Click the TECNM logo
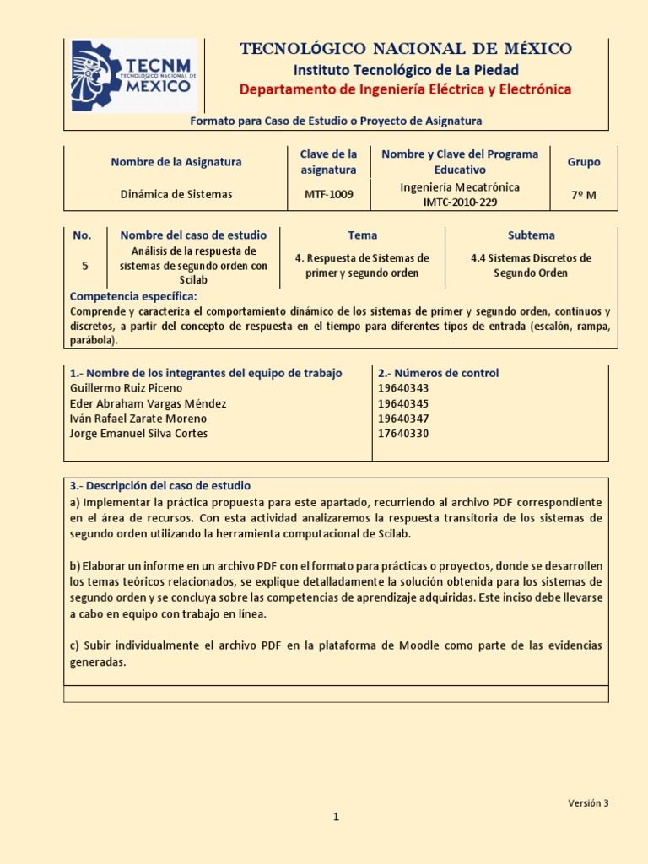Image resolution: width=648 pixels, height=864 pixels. [x=132, y=76]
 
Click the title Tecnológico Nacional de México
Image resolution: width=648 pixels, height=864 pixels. [x=406, y=49]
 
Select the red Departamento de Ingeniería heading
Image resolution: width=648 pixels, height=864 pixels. [x=406, y=89]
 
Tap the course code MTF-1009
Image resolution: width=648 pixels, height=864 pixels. [x=329, y=195]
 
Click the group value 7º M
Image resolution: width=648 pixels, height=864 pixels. [x=584, y=195]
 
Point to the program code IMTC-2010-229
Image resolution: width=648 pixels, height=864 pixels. [x=460, y=202]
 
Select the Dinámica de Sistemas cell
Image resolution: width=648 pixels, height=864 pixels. [x=176, y=195]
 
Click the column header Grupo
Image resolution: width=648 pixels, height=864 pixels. [x=584, y=162]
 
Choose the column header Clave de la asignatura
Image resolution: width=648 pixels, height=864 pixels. [x=329, y=162]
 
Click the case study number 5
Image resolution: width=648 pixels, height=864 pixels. [x=84, y=265]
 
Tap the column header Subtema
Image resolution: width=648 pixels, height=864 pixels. [x=531, y=235]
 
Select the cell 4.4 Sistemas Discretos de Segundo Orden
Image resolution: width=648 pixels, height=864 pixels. [x=531, y=265]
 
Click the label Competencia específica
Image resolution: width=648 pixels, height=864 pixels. [x=132, y=296]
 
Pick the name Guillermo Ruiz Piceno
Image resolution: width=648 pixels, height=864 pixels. [x=126, y=388]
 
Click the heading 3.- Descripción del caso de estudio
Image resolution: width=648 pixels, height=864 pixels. [x=160, y=486]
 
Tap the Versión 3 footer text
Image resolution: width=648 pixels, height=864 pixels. [x=587, y=803]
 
